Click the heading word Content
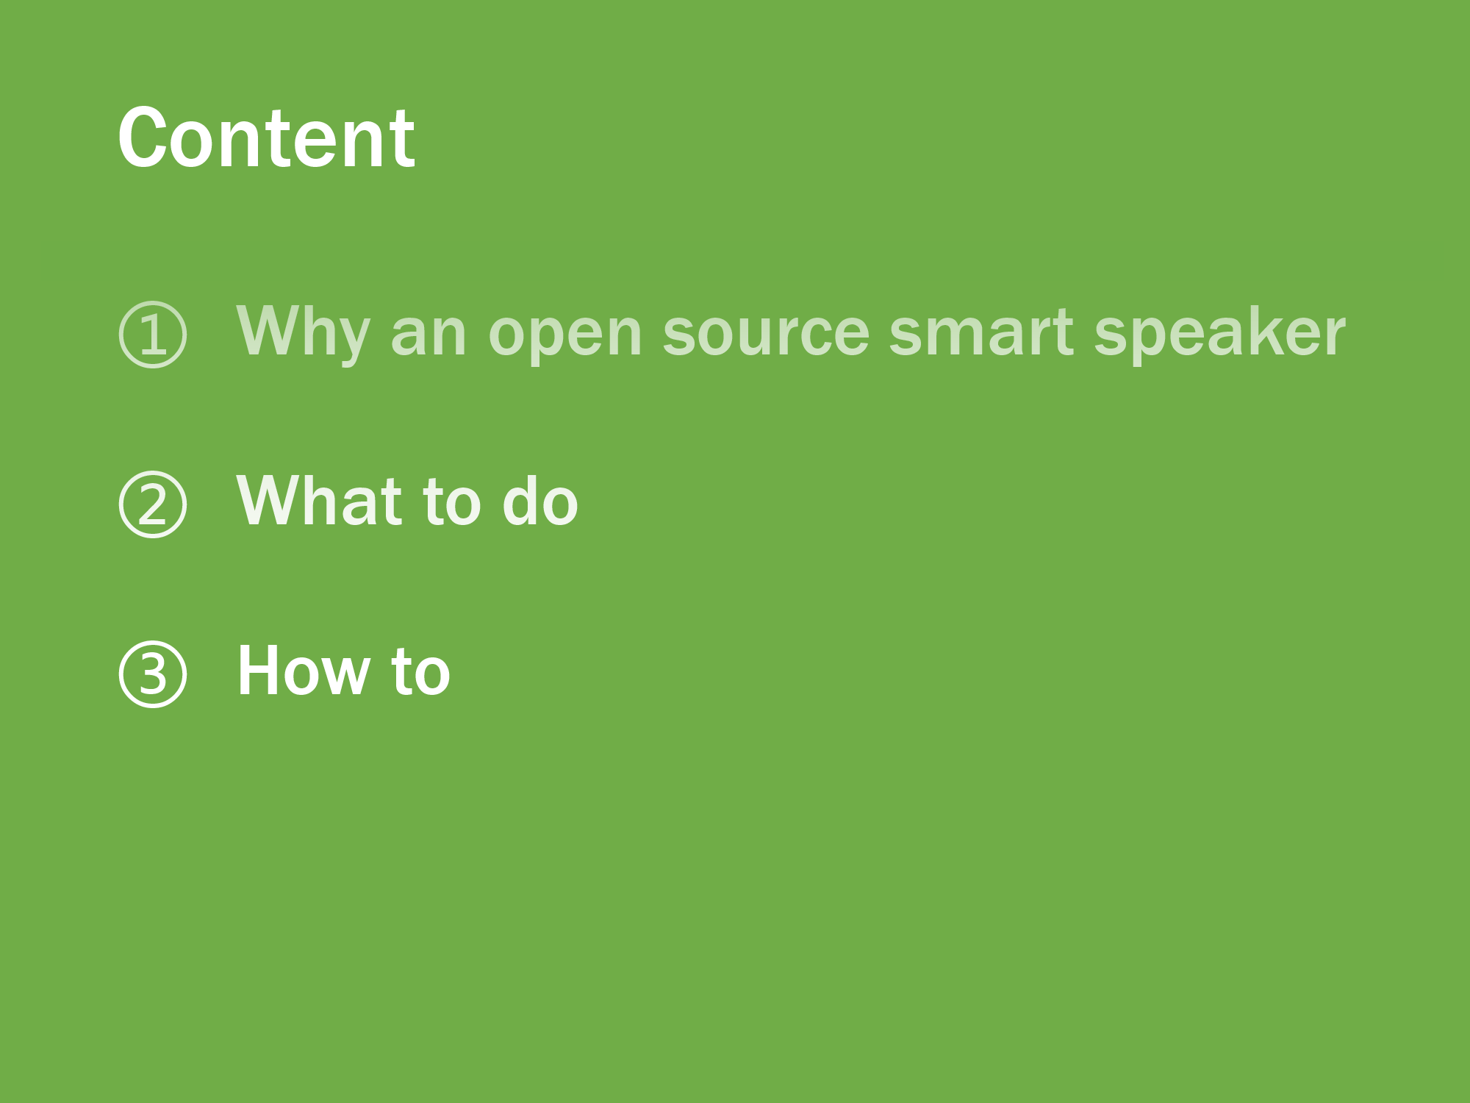(x=266, y=138)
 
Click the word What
(x=319, y=501)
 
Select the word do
(x=540, y=501)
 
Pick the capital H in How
(x=257, y=671)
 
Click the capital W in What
(x=273, y=501)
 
